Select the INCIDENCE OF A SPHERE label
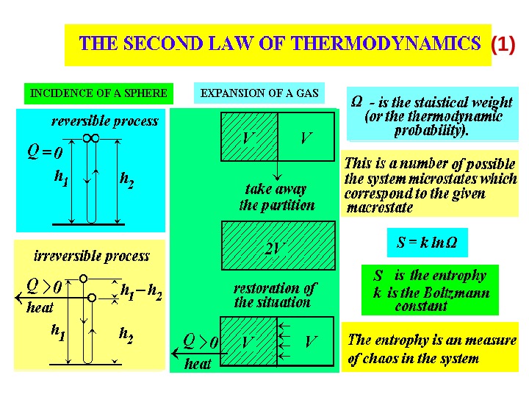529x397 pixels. (x=98, y=93)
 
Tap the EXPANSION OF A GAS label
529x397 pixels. (x=259, y=93)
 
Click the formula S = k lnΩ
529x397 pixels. (x=427, y=242)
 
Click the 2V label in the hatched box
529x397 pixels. (x=275, y=250)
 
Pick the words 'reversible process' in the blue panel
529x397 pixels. (x=104, y=121)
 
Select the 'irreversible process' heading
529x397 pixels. (x=92, y=256)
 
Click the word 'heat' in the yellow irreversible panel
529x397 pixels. (x=40, y=307)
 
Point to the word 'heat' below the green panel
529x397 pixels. (x=198, y=363)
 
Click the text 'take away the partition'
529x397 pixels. (x=276, y=197)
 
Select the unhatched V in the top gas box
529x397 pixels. (x=306, y=138)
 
